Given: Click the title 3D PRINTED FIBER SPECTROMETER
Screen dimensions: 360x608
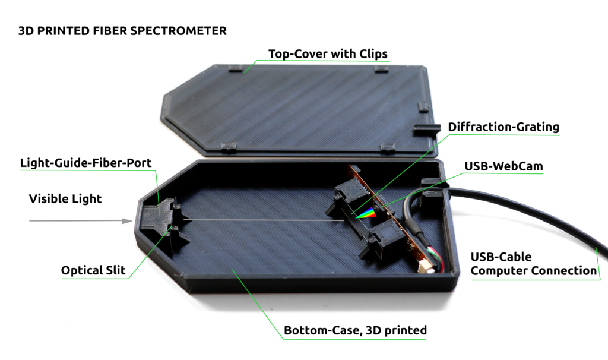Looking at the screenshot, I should (x=122, y=31).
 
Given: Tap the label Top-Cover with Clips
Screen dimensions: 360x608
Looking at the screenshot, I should (x=328, y=54).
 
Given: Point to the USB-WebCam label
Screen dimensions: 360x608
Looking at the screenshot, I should (x=503, y=166).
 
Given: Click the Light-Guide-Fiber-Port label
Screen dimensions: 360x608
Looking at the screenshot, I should (x=86, y=163).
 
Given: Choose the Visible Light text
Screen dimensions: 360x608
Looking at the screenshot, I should (x=65, y=199).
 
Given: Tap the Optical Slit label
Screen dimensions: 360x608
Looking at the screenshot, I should (x=93, y=271).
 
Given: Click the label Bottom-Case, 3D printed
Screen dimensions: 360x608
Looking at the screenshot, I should (x=355, y=330).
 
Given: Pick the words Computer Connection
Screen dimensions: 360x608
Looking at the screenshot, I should (x=533, y=271).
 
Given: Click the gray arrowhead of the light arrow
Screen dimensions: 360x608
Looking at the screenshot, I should (x=126, y=221).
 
